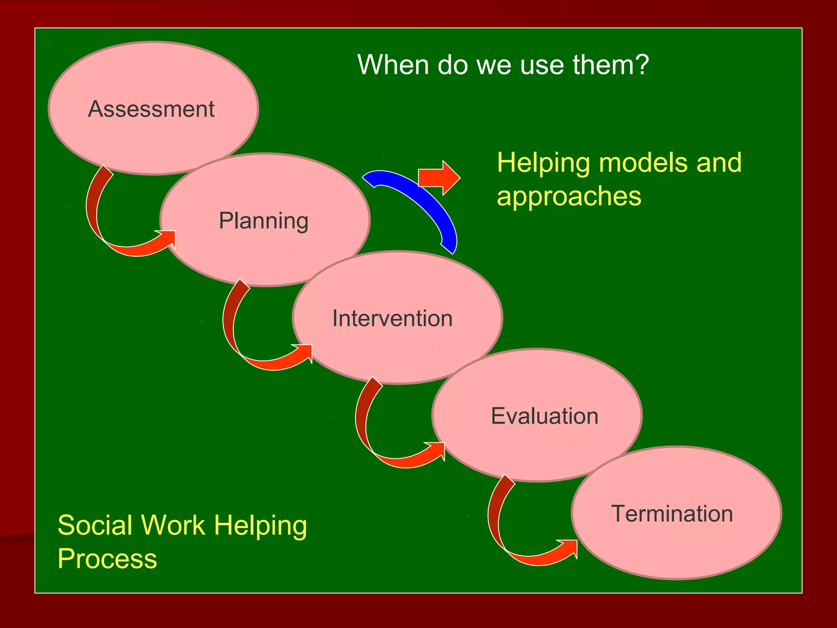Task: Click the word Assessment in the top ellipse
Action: click(x=151, y=109)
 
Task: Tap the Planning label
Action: click(x=264, y=221)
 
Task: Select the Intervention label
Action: click(x=392, y=318)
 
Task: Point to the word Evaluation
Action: click(x=544, y=416)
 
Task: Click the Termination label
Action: click(x=672, y=514)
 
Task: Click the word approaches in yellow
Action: click(x=569, y=196)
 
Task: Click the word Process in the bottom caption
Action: click(x=107, y=559)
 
